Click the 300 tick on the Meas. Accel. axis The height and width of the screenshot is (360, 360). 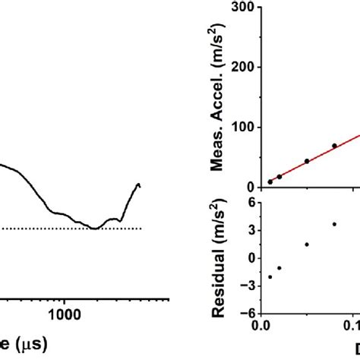(245, 7)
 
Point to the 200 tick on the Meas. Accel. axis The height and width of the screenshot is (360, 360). (245, 67)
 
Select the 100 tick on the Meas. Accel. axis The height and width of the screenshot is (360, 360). (245, 127)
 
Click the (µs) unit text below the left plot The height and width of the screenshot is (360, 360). (29, 344)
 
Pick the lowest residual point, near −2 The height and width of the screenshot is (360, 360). (270, 276)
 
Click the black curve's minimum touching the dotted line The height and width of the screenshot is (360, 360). (94, 228)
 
